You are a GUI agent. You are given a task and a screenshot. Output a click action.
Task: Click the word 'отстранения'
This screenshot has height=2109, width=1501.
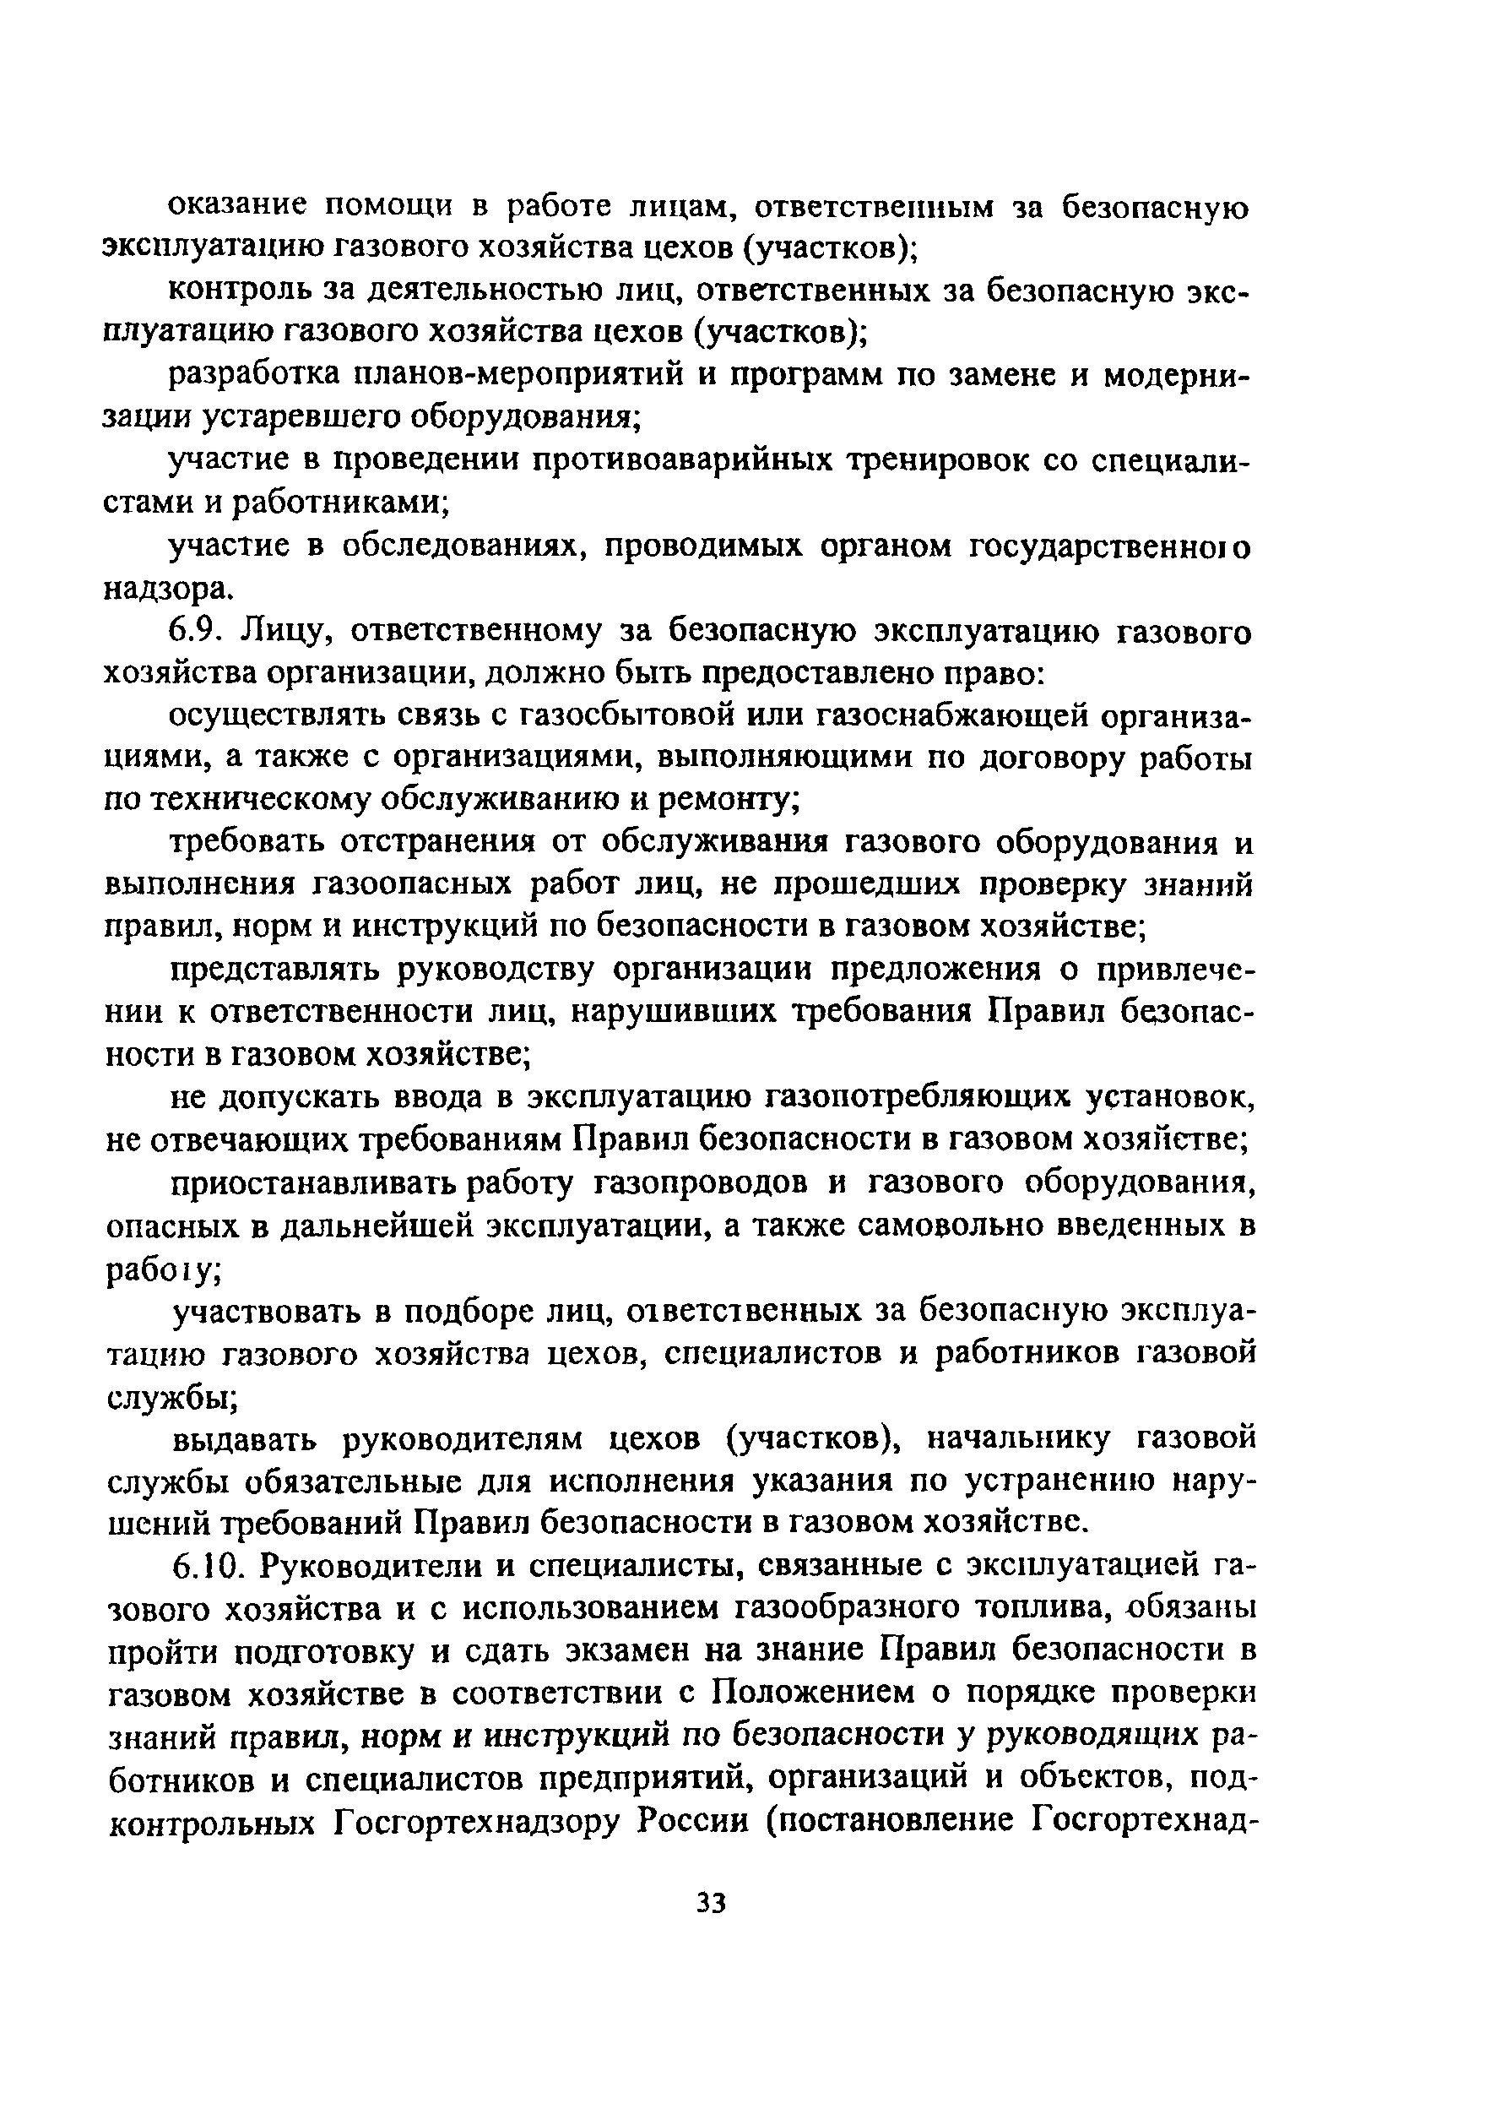click(x=438, y=843)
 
